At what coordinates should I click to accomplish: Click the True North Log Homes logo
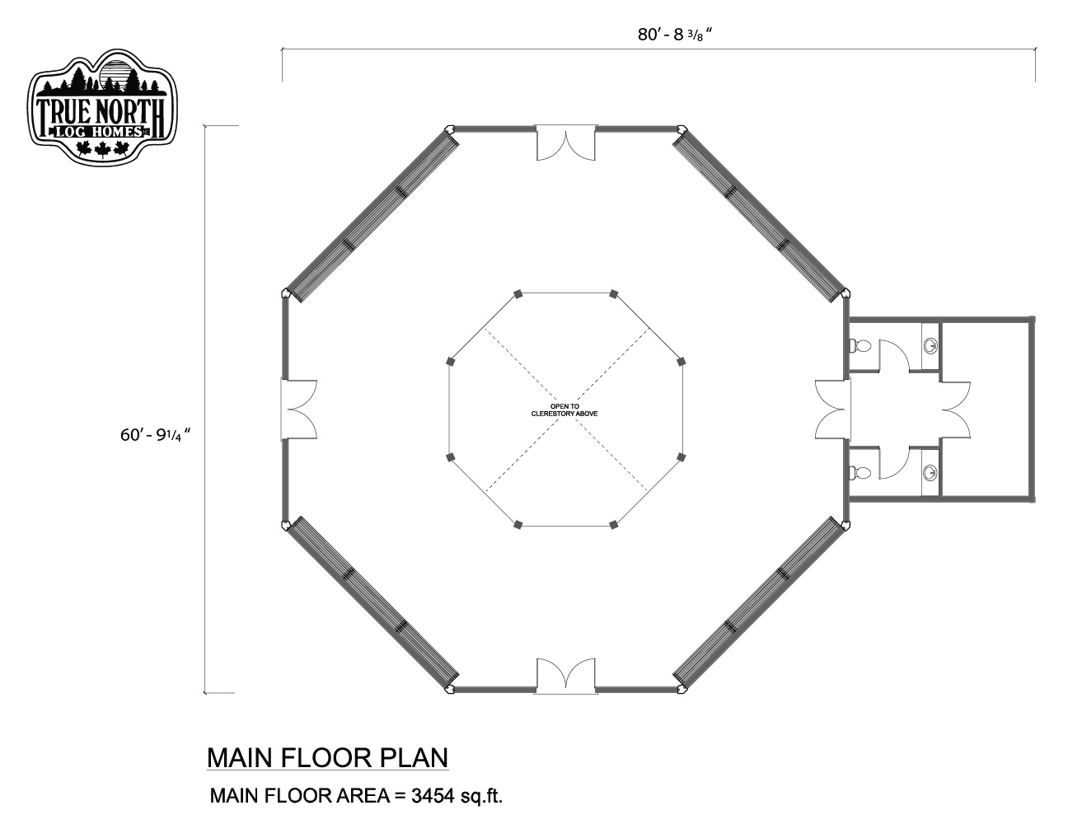coord(103,106)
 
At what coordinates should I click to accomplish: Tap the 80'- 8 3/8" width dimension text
coord(675,35)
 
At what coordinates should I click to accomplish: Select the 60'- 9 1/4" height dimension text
coord(155,435)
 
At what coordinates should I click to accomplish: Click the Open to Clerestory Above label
coord(564,410)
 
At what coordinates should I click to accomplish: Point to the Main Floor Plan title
coord(327,757)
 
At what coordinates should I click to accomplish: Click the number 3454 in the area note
coord(433,795)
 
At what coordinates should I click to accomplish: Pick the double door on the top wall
coord(565,143)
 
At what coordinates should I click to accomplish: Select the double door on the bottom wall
coord(565,677)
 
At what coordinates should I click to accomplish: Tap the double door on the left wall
coord(299,409)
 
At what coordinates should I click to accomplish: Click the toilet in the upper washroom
coord(860,346)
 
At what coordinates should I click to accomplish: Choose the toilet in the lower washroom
coord(860,473)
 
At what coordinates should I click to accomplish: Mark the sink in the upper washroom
coord(930,346)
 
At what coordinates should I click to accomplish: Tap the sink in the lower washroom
coord(930,473)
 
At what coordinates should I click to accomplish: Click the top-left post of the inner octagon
coord(518,294)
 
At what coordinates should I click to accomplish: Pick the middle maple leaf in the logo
coord(103,149)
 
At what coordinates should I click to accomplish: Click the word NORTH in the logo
coord(128,113)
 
